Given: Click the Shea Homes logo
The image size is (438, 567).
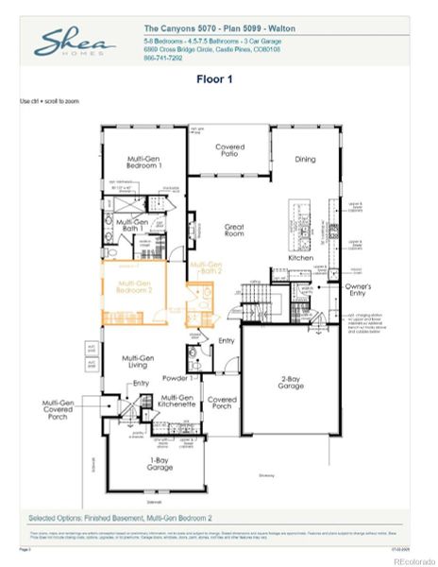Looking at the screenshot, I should coord(76,43).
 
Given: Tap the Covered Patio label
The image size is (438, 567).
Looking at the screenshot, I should coord(229,151).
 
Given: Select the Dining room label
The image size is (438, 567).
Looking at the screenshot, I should coord(305,160).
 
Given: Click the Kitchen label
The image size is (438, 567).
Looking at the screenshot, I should coord(300,257).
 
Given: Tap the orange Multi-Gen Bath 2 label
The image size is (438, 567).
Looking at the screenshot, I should coord(206,266).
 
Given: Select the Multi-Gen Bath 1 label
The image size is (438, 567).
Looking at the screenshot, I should coord(130,225).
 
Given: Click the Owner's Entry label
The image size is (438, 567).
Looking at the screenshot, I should coord(358,289).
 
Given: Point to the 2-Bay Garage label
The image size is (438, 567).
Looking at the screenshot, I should coord(291,384).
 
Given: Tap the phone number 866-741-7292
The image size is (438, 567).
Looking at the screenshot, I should coord(164,58).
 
